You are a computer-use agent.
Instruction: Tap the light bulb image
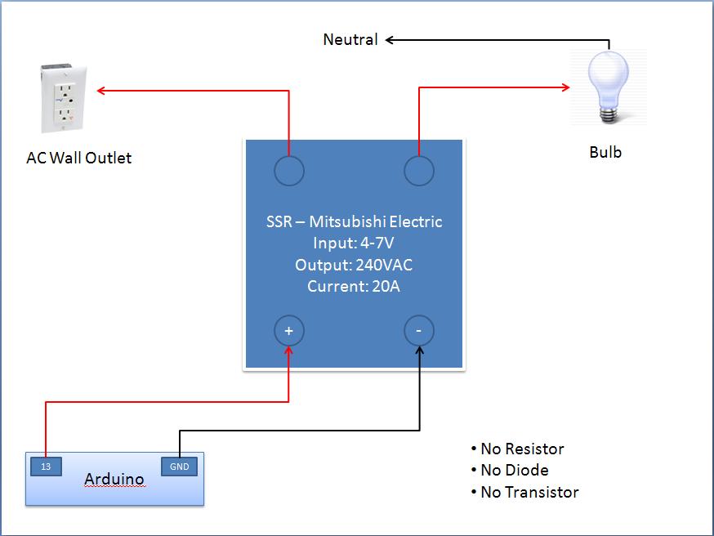[609, 87]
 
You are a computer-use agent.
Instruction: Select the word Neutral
[350, 39]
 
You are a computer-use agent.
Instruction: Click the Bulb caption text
[605, 152]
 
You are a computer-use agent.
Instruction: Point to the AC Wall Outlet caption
[79, 158]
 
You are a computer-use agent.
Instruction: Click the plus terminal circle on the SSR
[288, 331]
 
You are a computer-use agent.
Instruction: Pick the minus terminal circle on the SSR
[419, 331]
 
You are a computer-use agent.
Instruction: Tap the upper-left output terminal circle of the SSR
[288, 171]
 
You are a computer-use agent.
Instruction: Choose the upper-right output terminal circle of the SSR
[419, 171]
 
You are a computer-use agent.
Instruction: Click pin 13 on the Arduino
[45, 467]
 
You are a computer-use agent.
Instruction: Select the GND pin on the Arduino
[180, 467]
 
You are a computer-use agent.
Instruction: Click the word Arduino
[114, 479]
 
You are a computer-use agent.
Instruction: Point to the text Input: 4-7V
[354, 243]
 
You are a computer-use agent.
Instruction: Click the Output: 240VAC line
[354, 265]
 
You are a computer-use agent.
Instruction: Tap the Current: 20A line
[354, 286]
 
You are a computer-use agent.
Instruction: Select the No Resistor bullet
[517, 449]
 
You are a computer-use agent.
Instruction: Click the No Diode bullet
[510, 470]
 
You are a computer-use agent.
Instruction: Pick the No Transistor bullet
[524, 492]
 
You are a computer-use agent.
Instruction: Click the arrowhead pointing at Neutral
[390, 39]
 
